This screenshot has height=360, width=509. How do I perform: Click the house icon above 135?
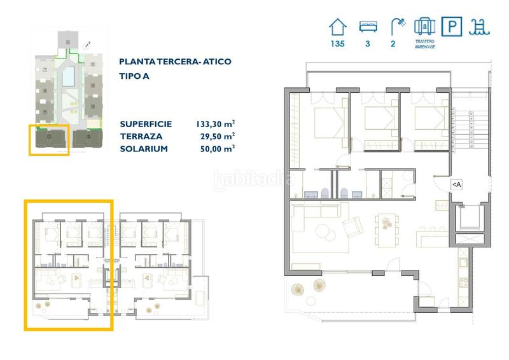coord(338,26)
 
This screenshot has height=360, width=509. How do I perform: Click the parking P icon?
coord(451,27)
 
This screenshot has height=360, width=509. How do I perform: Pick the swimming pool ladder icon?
coord(477,26)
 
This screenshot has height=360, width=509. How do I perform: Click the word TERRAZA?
coord(141,136)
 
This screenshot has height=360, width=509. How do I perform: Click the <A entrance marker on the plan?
coord(456,184)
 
